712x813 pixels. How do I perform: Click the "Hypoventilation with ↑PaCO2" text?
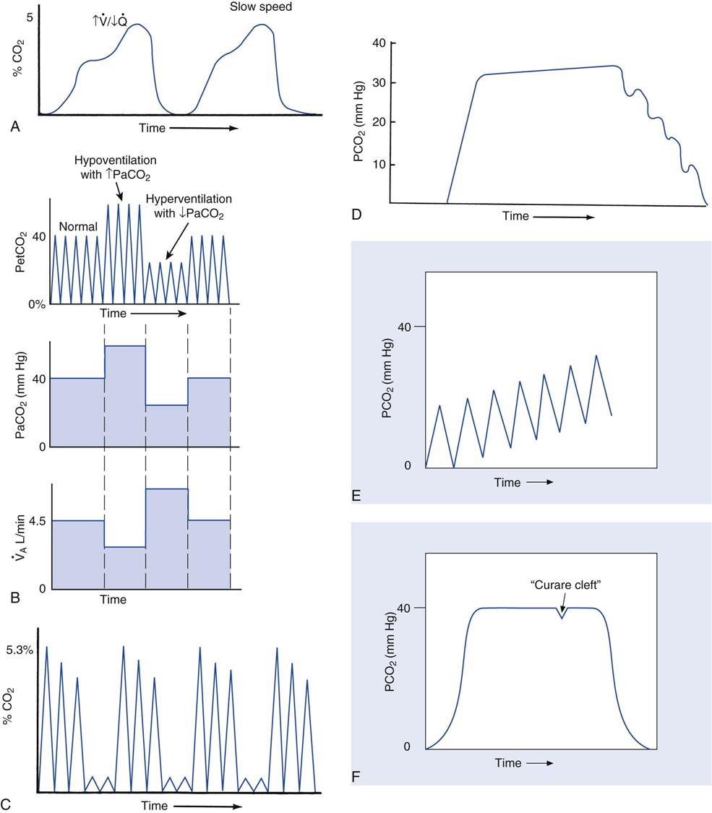click(115, 166)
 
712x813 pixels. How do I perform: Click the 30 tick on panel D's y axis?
click(374, 82)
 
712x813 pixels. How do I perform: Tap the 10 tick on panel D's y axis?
click(374, 164)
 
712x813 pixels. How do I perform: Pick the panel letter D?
click(356, 215)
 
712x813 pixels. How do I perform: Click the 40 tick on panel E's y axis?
click(404, 327)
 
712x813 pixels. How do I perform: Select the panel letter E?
click(356, 496)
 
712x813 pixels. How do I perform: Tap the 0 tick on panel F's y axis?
click(406, 747)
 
